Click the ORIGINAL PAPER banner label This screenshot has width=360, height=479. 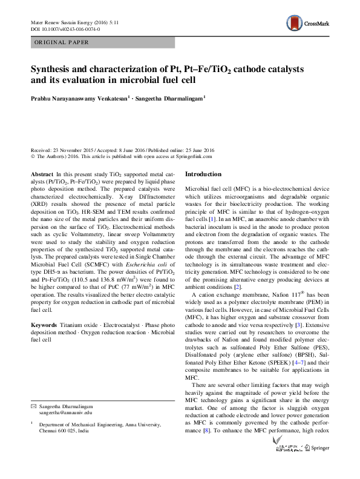(x=61, y=42)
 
